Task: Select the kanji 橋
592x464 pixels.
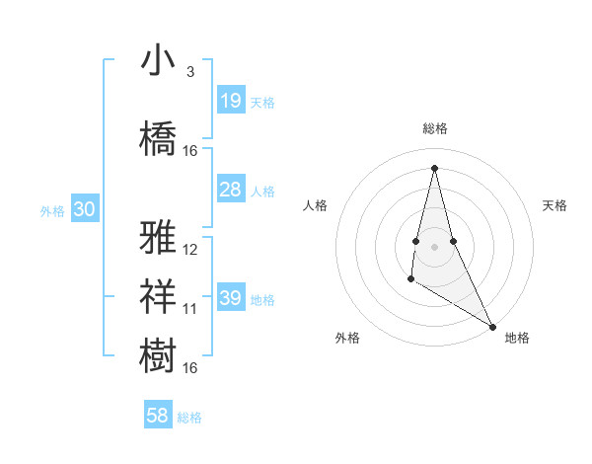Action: [x=158, y=137]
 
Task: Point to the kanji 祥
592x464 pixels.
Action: [x=158, y=293]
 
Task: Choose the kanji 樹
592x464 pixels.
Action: [x=158, y=354]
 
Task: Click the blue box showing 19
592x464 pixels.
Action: [x=231, y=101]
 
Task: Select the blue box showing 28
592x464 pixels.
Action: [x=231, y=190]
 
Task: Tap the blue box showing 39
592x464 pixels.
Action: [x=231, y=298]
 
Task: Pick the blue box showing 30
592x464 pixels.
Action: [x=84, y=209]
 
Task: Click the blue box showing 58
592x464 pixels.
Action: [x=158, y=416]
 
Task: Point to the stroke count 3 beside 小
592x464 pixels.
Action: [x=189, y=72]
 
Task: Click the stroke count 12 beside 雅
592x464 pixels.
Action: [x=190, y=250]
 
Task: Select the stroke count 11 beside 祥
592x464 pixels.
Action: [x=190, y=309]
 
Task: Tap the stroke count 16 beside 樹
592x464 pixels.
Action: [x=190, y=368]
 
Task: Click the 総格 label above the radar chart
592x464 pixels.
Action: [x=434, y=128]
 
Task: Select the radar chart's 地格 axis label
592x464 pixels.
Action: [x=517, y=338]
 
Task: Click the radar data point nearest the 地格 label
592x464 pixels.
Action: [x=492, y=326]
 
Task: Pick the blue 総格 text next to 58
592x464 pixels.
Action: [x=189, y=418]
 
